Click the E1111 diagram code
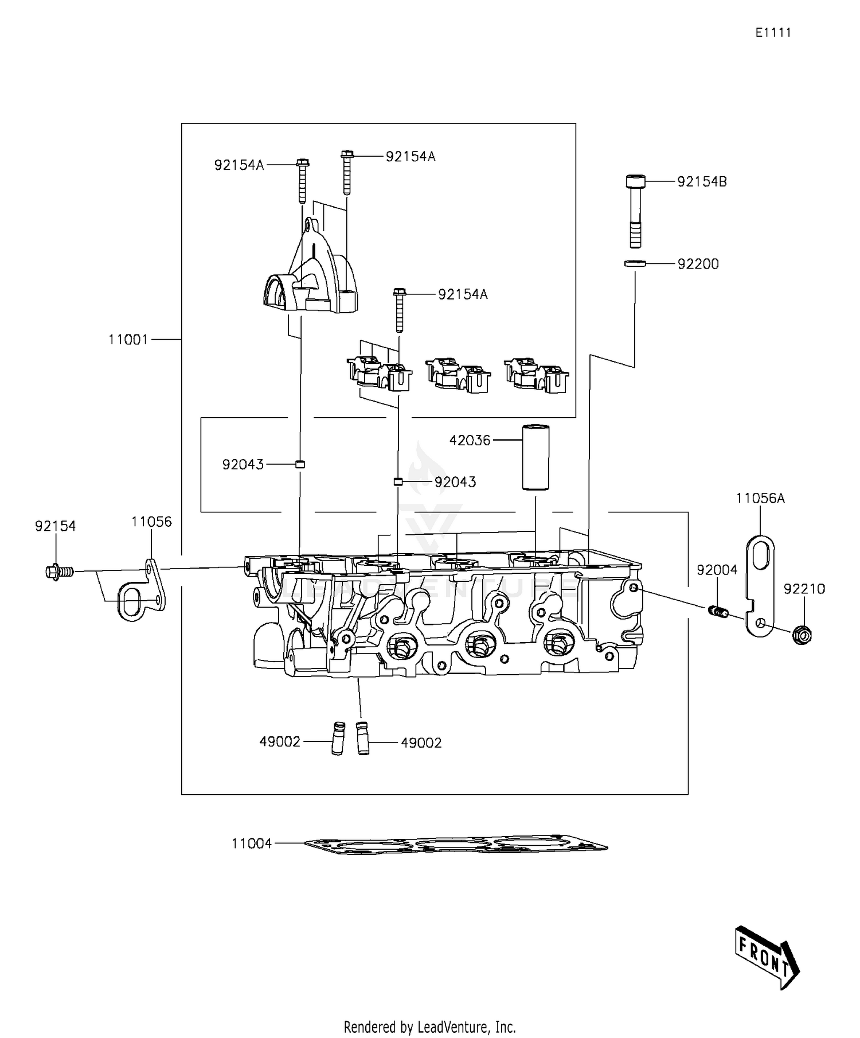point(772,33)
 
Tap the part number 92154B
point(702,182)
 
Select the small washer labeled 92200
point(635,263)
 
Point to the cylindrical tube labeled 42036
point(535,457)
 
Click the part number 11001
point(128,340)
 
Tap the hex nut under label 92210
point(804,635)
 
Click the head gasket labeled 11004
point(456,845)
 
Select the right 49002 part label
point(421,743)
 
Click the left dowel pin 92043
point(299,464)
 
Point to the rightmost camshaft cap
point(537,376)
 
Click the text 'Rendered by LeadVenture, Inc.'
point(429,1027)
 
